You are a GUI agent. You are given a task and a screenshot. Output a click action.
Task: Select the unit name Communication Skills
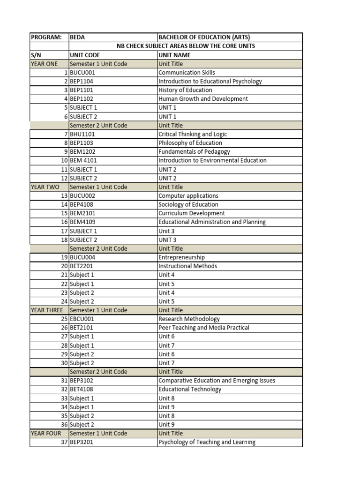click(x=187, y=73)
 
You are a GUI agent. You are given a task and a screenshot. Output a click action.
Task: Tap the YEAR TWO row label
click(x=45, y=187)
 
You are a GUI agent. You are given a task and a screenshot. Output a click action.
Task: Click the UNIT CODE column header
click(x=85, y=55)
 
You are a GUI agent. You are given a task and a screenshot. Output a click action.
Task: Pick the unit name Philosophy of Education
click(x=190, y=143)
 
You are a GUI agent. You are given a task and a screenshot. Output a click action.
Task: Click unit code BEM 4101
click(x=83, y=160)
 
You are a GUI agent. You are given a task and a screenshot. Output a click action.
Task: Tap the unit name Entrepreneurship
click(x=181, y=257)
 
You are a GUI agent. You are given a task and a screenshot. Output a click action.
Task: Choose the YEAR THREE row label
click(x=47, y=310)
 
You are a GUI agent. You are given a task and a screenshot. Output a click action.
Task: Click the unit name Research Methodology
click(x=189, y=319)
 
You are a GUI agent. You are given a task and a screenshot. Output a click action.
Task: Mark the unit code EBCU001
click(x=82, y=319)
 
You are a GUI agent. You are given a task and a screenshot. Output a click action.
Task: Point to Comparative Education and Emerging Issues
click(x=217, y=381)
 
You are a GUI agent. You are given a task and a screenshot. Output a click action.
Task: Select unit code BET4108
click(x=82, y=389)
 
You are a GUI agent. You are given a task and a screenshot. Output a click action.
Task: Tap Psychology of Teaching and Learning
click(x=207, y=442)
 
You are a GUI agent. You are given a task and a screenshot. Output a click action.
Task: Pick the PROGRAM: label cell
click(x=46, y=37)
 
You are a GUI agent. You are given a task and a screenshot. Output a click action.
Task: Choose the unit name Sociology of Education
click(x=188, y=204)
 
